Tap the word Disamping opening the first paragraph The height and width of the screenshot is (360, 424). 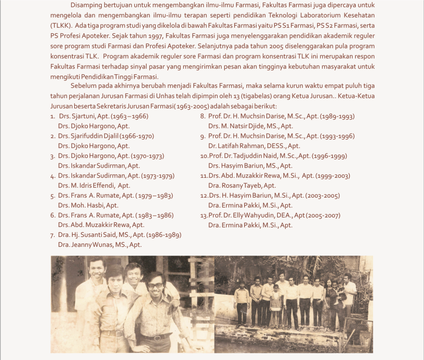[x=87, y=6]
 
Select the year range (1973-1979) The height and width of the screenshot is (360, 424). [x=158, y=176]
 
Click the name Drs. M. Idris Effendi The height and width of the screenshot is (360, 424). [x=94, y=186]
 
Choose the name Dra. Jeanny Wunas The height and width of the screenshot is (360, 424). [x=100, y=245]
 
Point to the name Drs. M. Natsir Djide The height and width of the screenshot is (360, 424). [x=251, y=126]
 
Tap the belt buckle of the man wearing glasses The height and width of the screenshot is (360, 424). [x=157, y=336]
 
